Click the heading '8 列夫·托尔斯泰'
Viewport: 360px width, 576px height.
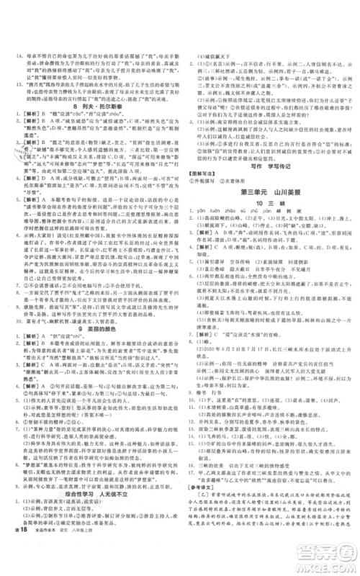[95, 107]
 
